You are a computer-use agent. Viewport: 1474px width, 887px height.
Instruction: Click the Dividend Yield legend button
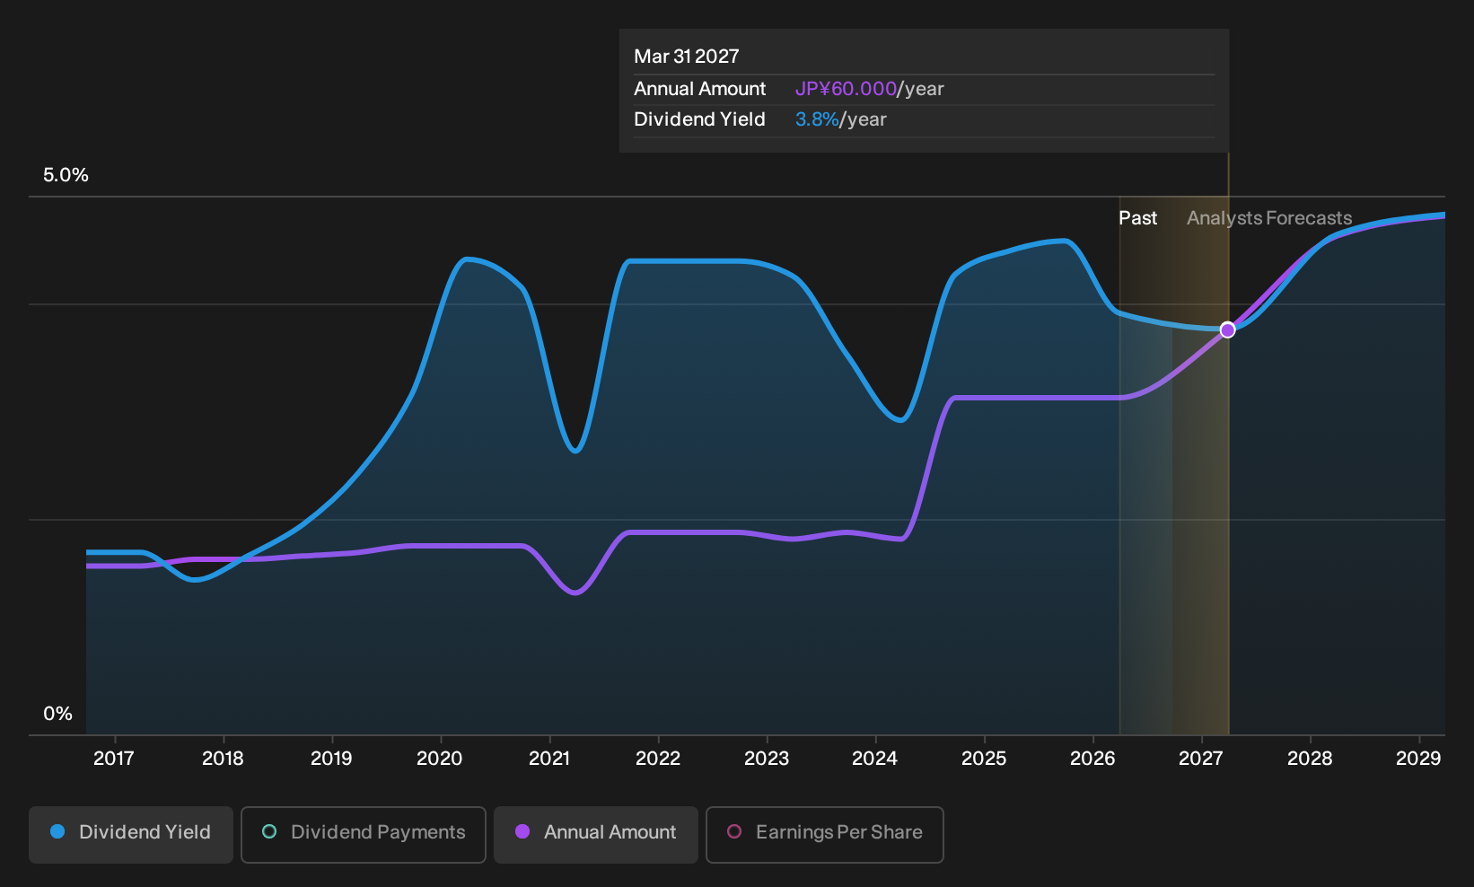click(x=130, y=834)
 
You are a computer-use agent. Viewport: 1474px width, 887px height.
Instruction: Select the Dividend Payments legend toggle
click(x=364, y=834)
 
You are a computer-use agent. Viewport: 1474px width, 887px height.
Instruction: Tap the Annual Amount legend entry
click(x=595, y=834)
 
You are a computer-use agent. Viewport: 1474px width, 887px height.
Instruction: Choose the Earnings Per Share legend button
click(x=824, y=834)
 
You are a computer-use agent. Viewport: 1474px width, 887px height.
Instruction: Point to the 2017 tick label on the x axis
click(x=114, y=759)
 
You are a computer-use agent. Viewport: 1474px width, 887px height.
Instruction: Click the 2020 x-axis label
click(x=440, y=759)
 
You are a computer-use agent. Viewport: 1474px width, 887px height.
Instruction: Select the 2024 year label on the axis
click(x=875, y=759)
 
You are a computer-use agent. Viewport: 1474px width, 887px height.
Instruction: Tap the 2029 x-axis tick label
click(x=1418, y=759)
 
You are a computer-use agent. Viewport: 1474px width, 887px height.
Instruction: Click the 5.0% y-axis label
click(x=66, y=175)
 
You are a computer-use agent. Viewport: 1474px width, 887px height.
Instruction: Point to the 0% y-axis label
click(x=58, y=714)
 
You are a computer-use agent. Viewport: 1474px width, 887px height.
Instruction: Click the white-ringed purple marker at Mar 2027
click(x=1227, y=329)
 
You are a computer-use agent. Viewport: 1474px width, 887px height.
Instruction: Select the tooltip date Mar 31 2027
click(x=687, y=57)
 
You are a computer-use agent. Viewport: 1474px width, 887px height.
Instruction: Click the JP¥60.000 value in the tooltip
click(x=846, y=89)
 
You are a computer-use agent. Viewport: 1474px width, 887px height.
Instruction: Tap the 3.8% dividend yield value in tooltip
click(x=817, y=119)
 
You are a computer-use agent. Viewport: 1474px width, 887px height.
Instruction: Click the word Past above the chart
click(x=1137, y=218)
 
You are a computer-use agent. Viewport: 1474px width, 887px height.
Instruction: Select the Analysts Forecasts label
click(x=1269, y=218)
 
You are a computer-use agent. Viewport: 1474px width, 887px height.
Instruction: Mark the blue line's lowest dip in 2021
click(x=575, y=452)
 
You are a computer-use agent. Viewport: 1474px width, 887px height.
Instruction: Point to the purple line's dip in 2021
click(x=575, y=593)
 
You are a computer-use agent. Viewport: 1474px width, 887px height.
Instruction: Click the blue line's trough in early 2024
click(x=900, y=420)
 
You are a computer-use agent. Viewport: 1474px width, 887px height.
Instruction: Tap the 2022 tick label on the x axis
click(x=658, y=759)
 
